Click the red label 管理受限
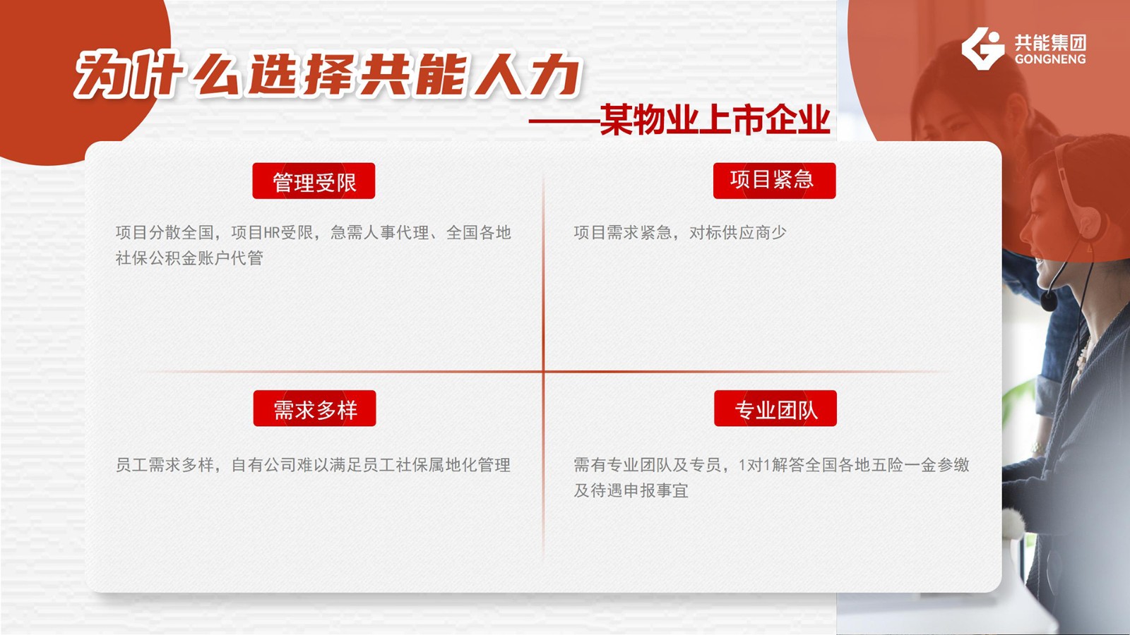click(314, 181)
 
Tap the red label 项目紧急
click(774, 181)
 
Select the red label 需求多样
click(315, 409)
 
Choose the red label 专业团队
click(775, 409)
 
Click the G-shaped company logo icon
click(982, 49)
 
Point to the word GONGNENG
click(1050, 59)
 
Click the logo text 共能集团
click(1050, 42)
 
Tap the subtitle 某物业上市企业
click(715, 120)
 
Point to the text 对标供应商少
click(737, 233)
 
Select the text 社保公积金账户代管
click(189, 258)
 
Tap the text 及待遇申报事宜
click(631, 490)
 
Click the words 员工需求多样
click(165, 465)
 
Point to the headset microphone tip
click(1049, 301)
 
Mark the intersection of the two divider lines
click(543, 371)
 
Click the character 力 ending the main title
click(554, 75)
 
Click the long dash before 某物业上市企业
click(564, 121)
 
